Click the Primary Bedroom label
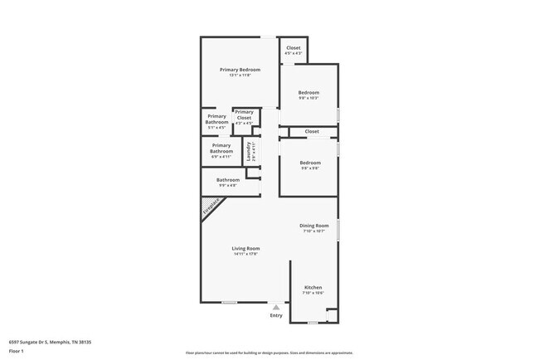click(240, 70)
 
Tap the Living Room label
click(245, 249)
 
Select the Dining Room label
click(314, 226)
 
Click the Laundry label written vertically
click(249, 151)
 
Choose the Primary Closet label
click(244, 114)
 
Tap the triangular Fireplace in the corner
click(211, 207)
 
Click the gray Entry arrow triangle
click(276, 307)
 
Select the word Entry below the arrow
click(276, 315)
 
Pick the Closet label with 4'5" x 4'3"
click(294, 48)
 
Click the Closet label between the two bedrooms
click(312, 131)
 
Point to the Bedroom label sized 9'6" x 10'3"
click(309, 92)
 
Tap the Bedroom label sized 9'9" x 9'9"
click(309, 163)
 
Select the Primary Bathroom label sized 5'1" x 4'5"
click(216, 119)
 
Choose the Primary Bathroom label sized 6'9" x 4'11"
click(221, 148)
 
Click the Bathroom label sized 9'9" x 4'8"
click(228, 180)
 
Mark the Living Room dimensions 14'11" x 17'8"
click(245, 255)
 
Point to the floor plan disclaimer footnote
click(269, 352)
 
